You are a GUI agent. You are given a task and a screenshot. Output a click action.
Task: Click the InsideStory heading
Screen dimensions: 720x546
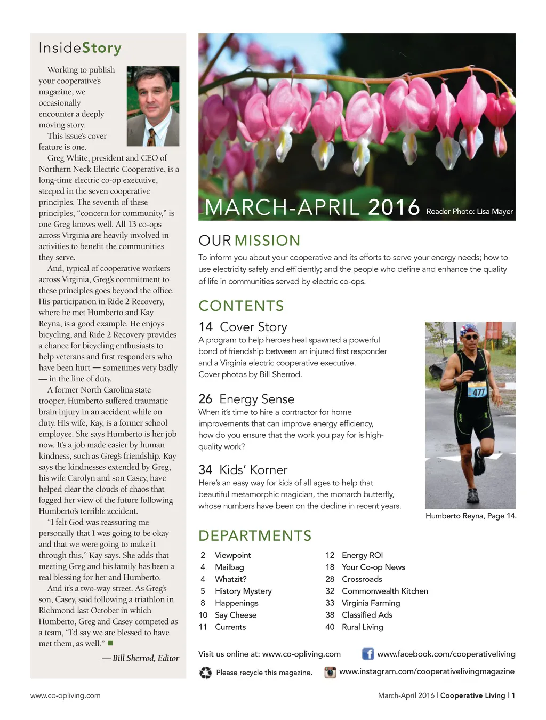(x=80, y=48)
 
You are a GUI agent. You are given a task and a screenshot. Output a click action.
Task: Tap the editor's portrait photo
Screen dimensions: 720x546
(x=153, y=106)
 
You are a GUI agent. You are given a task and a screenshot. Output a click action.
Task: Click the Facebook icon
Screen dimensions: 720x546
(x=368, y=654)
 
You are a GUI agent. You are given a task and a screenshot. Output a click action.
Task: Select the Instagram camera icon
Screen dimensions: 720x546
(x=331, y=672)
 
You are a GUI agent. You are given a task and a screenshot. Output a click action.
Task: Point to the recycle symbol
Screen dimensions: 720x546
(x=205, y=673)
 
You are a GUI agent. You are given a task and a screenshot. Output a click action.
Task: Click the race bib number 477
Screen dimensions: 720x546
(x=477, y=391)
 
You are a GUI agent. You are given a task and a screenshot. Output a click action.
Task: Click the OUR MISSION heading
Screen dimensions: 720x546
(x=250, y=241)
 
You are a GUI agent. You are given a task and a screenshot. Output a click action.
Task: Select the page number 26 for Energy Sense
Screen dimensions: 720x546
(x=205, y=399)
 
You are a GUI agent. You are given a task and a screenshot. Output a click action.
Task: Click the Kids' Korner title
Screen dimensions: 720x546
(x=253, y=470)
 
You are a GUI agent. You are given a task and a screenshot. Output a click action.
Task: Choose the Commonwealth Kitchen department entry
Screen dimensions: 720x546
(x=384, y=591)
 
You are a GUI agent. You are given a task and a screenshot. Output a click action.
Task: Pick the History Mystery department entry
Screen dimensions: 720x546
(x=243, y=591)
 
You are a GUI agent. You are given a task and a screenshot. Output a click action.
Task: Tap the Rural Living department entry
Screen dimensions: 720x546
(x=362, y=627)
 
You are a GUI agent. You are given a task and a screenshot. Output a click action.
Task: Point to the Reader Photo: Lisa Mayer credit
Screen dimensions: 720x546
(x=469, y=212)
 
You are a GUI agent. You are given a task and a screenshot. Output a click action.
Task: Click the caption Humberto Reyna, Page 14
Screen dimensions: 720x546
(x=471, y=516)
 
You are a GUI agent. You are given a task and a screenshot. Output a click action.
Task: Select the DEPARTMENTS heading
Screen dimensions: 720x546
(x=255, y=535)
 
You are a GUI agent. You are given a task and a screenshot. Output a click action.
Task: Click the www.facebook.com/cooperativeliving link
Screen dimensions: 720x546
(x=446, y=654)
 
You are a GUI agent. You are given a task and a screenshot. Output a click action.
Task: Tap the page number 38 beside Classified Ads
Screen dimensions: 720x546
(x=330, y=615)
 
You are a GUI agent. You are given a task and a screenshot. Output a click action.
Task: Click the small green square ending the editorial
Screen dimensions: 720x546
(x=110, y=643)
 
